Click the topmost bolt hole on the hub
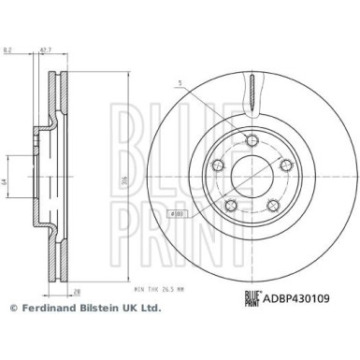point(252,140)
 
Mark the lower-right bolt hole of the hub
point(273,207)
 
